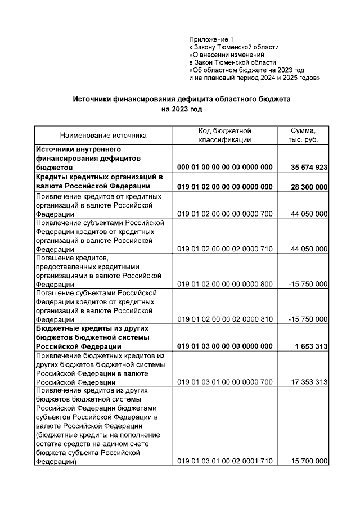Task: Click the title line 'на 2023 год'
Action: click(181, 109)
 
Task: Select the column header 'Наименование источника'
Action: click(103, 135)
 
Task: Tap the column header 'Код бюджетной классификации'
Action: click(224, 135)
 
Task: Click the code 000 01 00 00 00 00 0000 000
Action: click(224, 168)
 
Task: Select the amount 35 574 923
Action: click(309, 168)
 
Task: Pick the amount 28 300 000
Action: click(309, 186)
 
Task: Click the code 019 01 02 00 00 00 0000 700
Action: click(224, 214)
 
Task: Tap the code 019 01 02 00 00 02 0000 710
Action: click(224, 249)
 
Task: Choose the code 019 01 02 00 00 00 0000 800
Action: click(224, 284)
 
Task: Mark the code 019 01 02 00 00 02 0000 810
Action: click(224, 319)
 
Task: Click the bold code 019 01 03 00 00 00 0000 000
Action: click(224, 346)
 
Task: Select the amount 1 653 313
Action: click(311, 346)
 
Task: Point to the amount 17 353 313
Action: click(309, 382)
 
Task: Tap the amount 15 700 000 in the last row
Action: click(309, 461)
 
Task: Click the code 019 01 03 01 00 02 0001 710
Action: click(224, 461)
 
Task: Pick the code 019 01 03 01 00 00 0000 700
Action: click(224, 382)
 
